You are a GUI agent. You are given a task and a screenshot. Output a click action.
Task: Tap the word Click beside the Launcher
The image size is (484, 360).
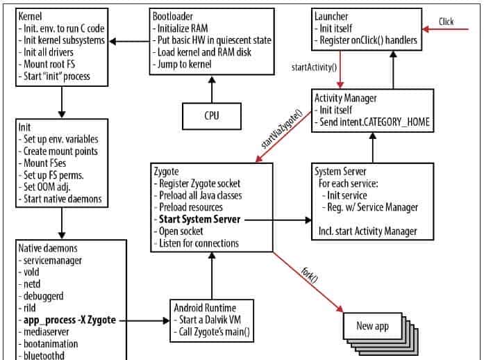[x=446, y=22]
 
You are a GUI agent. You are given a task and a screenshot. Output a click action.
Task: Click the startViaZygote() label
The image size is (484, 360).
[x=282, y=129]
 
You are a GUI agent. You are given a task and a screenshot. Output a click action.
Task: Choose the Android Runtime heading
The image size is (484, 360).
[x=206, y=308]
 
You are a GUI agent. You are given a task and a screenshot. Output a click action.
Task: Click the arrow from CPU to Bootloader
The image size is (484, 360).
[x=210, y=89]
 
